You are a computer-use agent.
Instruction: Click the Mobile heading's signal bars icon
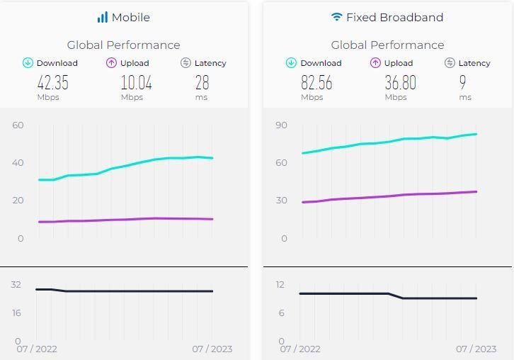tap(103, 17)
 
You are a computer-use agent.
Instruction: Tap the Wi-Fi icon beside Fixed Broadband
tap(337, 17)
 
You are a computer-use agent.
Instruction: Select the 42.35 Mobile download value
tap(52, 83)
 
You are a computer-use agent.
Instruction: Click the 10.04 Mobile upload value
tap(136, 83)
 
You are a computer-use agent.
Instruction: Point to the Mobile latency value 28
tap(202, 83)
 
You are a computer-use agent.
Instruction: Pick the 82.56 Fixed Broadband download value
tap(316, 83)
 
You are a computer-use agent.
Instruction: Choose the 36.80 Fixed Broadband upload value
tap(400, 83)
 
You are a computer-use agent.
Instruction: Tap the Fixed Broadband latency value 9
tap(463, 83)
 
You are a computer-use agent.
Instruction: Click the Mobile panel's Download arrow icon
tap(28, 63)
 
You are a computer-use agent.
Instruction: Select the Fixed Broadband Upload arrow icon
tap(375, 63)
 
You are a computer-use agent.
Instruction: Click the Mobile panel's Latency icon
tap(185, 63)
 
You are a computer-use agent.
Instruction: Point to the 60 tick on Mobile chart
tap(18, 125)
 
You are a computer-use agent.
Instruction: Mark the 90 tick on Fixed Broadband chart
tap(281, 125)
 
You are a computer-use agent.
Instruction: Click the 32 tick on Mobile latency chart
tap(16, 285)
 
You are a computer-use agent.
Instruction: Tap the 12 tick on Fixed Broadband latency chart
tap(280, 285)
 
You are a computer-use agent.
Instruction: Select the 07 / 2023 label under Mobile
tap(212, 349)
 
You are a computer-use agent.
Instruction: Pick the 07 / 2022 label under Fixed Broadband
tap(300, 349)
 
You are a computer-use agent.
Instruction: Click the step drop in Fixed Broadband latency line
tap(396, 296)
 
